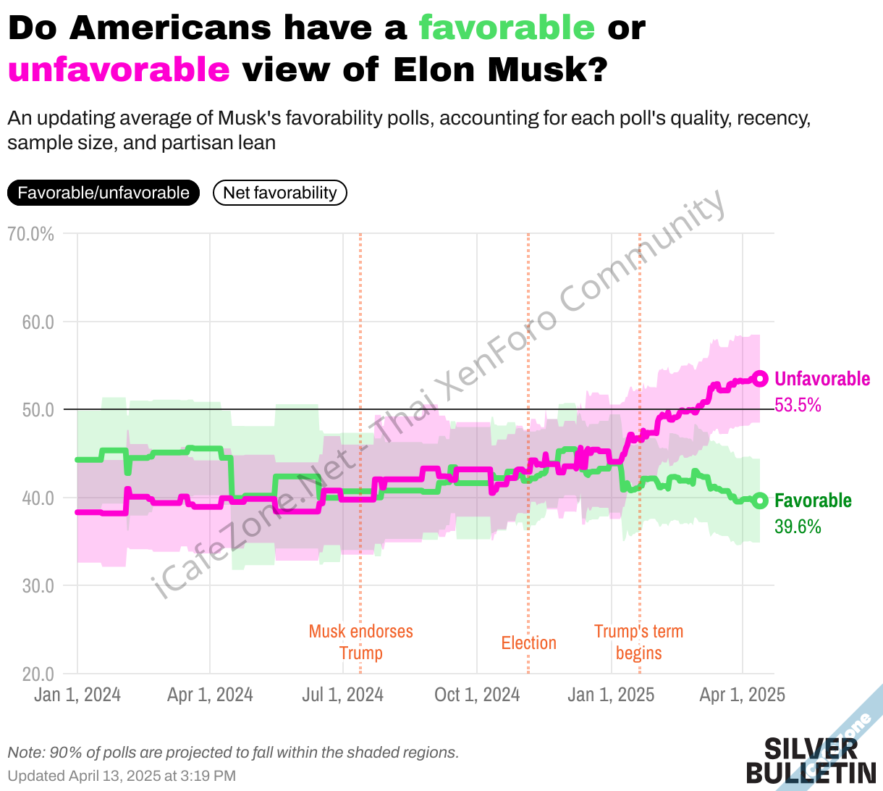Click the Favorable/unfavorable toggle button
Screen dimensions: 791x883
tap(103, 193)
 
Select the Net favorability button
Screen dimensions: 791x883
tap(280, 193)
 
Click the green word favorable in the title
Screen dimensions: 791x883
tap(507, 28)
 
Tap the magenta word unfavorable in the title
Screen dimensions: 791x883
tap(119, 70)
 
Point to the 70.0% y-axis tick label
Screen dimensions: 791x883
tap(30, 234)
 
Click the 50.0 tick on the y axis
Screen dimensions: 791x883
tap(38, 410)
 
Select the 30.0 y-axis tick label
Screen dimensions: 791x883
tap(38, 586)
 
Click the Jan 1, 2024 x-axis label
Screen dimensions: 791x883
tap(77, 695)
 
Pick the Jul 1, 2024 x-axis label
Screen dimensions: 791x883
tap(342, 695)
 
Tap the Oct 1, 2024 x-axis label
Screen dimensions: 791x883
tap(477, 695)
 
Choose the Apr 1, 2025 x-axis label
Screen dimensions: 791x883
tap(742, 695)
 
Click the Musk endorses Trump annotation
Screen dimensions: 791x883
tap(360, 642)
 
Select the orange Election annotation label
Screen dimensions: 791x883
tap(528, 643)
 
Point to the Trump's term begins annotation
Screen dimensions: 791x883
tap(638, 642)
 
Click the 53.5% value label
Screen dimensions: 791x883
tap(798, 405)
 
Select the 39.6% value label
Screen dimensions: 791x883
tap(798, 527)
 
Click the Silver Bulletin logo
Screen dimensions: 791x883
tap(811, 761)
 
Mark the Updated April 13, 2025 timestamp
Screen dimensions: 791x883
tap(122, 776)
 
